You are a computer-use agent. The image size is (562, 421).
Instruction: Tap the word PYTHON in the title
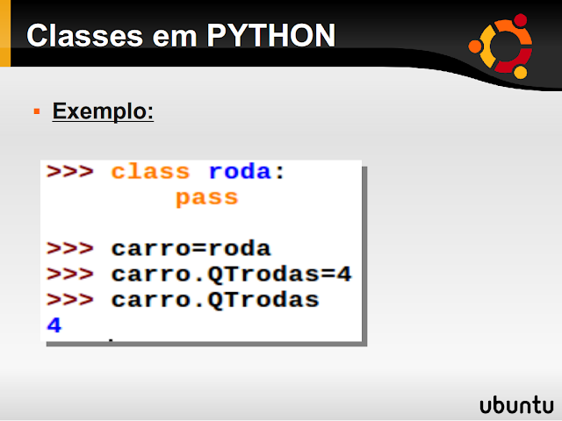(x=271, y=36)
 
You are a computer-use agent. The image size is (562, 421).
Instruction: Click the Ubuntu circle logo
(x=501, y=44)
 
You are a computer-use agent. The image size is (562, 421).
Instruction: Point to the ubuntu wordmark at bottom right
(x=516, y=404)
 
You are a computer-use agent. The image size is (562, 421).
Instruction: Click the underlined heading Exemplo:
(x=103, y=112)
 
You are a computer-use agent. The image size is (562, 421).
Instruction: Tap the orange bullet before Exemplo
(x=37, y=113)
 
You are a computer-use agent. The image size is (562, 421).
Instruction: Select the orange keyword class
(x=150, y=172)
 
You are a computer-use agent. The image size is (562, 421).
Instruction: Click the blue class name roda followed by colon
(x=240, y=172)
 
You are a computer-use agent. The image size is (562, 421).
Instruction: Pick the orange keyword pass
(x=206, y=197)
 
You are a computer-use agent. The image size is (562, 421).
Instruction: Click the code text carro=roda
(x=191, y=248)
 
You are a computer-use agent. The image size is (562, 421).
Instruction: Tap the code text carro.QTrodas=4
(x=231, y=275)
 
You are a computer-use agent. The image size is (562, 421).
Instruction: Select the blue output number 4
(x=54, y=325)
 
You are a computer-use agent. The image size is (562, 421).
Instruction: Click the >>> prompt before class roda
(x=70, y=172)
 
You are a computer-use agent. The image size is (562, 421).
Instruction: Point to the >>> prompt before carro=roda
(x=70, y=248)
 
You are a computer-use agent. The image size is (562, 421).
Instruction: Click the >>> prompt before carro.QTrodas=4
(x=70, y=275)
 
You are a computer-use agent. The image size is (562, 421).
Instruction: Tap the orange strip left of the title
(x=4, y=35)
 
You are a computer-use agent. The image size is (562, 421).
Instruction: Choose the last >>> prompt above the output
(x=70, y=301)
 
